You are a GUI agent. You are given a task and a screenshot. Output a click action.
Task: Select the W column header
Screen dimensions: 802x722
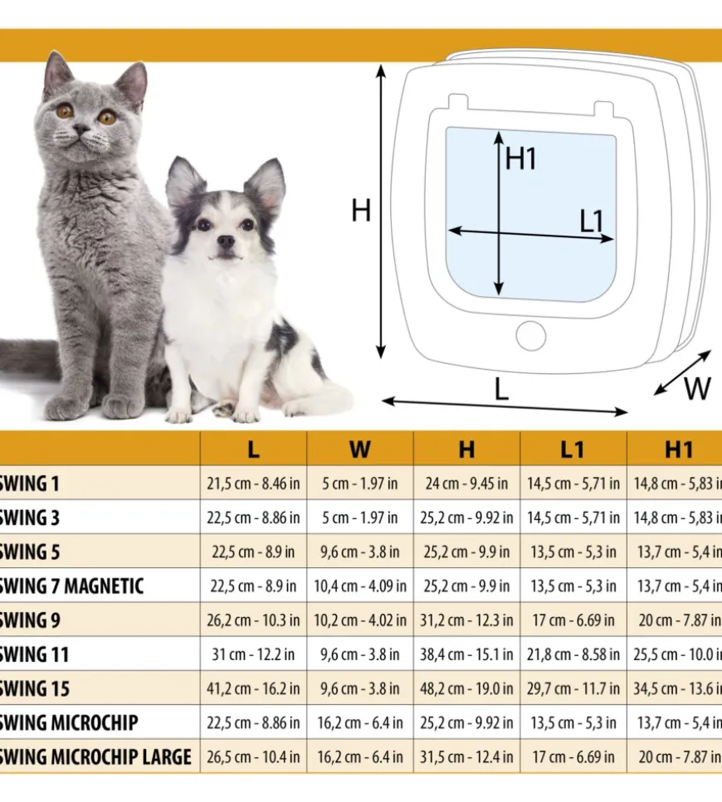pyautogui.click(x=359, y=450)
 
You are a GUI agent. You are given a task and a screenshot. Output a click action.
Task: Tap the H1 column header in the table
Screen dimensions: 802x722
pyautogui.click(x=679, y=450)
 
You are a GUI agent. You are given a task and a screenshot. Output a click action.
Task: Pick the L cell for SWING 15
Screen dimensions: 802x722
pyautogui.click(x=253, y=688)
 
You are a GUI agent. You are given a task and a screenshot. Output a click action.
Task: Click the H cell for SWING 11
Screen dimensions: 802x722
pyautogui.click(x=466, y=654)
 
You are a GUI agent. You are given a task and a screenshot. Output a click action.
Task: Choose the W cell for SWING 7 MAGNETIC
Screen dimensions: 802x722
pyautogui.click(x=359, y=586)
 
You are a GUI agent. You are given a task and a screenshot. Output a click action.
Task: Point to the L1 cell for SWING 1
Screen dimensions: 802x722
pyautogui.click(x=573, y=484)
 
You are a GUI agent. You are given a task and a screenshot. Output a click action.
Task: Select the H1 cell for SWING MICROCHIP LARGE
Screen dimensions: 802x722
pyautogui.click(x=679, y=757)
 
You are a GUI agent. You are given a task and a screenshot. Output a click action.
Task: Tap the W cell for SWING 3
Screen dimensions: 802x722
pyautogui.click(x=359, y=518)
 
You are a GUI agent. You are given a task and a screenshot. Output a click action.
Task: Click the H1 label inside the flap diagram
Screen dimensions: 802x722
pyautogui.click(x=521, y=159)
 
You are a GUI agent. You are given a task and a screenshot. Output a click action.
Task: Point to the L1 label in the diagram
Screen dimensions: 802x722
pyautogui.click(x=591, y=221)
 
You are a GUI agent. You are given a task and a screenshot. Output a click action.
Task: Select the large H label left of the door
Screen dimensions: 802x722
pyautogui.click(x=361, y=211)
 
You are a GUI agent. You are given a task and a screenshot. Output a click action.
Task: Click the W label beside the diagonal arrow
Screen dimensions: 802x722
pyautogui.click(x=696, y=388)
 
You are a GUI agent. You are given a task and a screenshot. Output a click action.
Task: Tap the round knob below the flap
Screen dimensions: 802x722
pyautogui.click(x=531, y=336)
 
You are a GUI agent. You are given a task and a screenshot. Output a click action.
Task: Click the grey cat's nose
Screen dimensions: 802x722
pyautogui.click(x=81, y=130)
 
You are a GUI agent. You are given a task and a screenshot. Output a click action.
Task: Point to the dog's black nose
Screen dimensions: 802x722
pyautogui.click(x=225, y=241)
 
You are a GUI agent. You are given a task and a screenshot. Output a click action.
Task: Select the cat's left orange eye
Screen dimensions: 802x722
pyautogui.click(x=64, y=110)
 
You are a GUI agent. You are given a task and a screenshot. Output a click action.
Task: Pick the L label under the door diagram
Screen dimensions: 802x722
pyautogui.click(x=501, y=390)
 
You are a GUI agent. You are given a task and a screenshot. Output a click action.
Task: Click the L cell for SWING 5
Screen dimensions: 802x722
pyautogui.click(x=253, y=552)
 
